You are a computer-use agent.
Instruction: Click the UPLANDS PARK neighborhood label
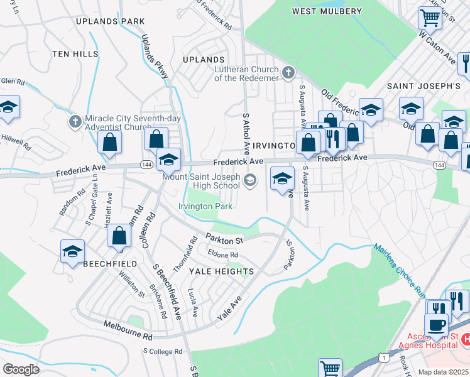coord(110,21)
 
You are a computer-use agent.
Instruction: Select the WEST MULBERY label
coord(327,11)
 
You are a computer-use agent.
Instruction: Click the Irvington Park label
coord(205,206)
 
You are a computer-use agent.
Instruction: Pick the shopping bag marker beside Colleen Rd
coord(119,237)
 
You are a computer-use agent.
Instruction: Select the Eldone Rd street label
coord(223,254)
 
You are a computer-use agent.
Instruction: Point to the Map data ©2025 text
coord(443,372)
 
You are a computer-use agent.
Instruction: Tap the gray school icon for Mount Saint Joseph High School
coord(251,181)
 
